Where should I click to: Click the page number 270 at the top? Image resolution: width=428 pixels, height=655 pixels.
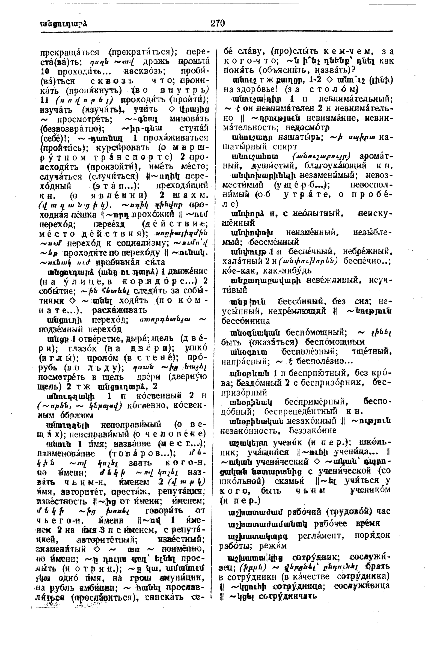[218, 23]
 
